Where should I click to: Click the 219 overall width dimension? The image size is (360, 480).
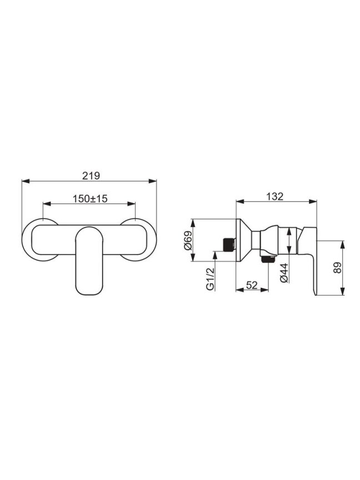(91, 176)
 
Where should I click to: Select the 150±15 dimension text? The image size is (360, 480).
(90, 199)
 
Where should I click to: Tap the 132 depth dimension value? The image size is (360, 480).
(275, 196)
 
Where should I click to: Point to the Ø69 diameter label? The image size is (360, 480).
(188, 241)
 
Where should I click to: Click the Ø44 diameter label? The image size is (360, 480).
(284, 273)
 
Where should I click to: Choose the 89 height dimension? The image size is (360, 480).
(337, 268)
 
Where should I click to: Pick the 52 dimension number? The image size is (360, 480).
(252, 285)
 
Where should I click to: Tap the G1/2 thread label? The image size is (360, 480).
(209, 278)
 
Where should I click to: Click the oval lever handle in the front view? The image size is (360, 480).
(89, 261)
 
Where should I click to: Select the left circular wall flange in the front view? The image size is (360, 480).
(24, 239)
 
